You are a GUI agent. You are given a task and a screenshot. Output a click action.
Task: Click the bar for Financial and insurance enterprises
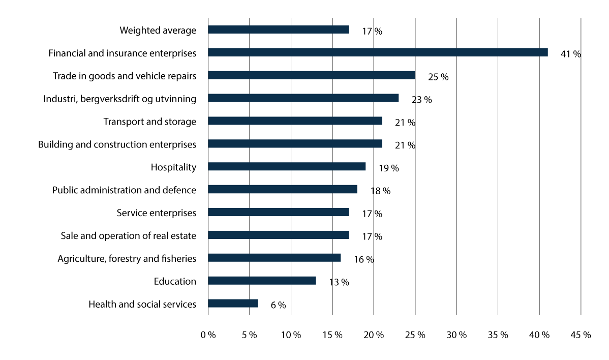click(x=378, y=52)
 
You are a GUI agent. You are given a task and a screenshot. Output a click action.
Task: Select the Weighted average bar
click(x=279, y=29)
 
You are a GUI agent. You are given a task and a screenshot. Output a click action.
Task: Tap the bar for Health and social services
click(x=233, y=304)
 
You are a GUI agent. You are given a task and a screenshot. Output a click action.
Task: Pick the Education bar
click(x=262, y=281)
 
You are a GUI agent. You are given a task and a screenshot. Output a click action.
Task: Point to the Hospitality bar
click(x=287, y=166)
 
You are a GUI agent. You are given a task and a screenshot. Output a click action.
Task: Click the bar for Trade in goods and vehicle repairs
click(x=312, y=75)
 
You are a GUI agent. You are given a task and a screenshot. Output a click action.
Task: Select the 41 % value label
click(x=570, y=54)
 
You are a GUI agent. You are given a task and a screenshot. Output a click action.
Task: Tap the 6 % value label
click(x=278, y=305)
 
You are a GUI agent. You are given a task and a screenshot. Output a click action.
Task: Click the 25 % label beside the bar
click(x=438, y=77)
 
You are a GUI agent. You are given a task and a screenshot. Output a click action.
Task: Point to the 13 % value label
click(x=339, y=282)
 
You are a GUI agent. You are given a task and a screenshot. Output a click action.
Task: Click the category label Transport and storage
click(x=149, y=122)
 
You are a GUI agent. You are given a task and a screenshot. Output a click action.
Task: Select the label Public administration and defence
click(x=124, y=190)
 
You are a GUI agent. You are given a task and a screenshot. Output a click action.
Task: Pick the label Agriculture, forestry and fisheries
click(x=127, y=259)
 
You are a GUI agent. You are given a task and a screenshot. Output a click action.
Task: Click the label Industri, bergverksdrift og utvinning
click(x=119, y=99)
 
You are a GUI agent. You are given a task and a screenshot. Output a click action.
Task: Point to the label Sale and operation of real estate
click(x=128, y=236)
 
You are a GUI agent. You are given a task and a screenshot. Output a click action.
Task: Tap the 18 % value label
click(x=380, y=191)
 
